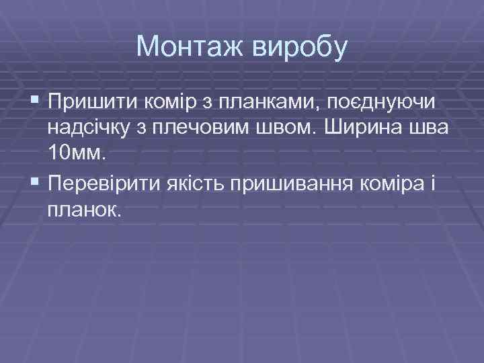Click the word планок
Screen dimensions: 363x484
point(85,210)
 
